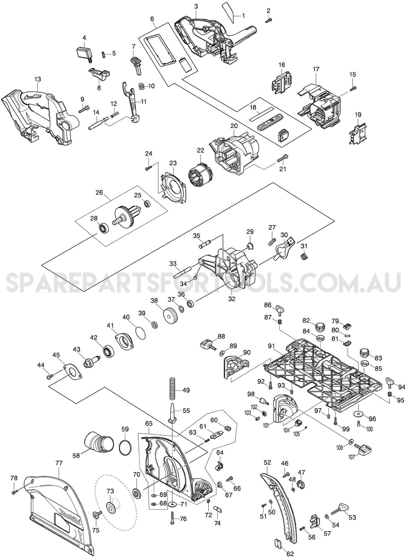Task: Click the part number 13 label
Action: coord(37,79)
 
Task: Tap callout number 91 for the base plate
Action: coord(271,346)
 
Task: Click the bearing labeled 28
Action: coord(104,228)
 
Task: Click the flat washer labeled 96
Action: coord(359,414)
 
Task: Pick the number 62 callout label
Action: coord(290,553)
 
